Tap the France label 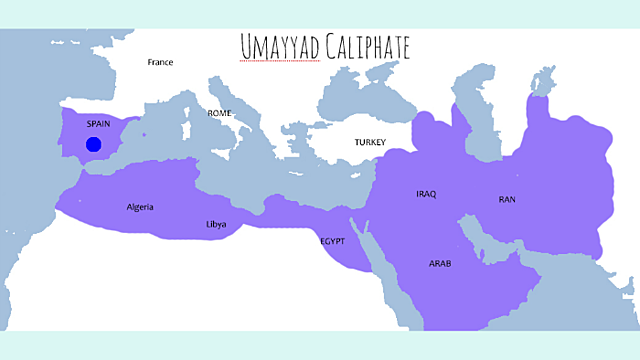click(160, 62)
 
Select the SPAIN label click(98, 124)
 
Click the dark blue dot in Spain click(93, 144)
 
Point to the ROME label click(219, 113)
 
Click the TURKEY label click(369, 142)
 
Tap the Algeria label click(140, 208)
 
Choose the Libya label click(216, 224)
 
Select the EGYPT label click(333, 241)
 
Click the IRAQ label click(426, 193)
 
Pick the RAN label click(507, 200)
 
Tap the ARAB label click(440, 263)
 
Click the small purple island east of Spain click(144, 134)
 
